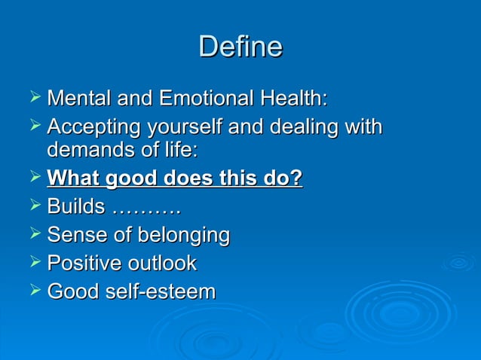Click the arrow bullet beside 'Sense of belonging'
point(32,235)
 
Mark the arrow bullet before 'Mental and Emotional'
point(32,98)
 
